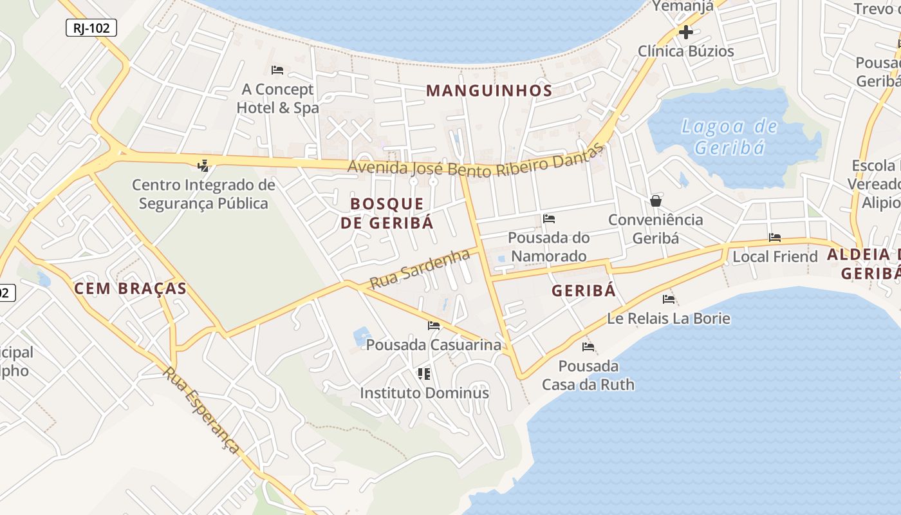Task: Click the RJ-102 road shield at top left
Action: click(91, 28)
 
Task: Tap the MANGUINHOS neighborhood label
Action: click(489, 91)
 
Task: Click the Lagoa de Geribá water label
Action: click(729, 136)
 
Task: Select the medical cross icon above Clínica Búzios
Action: click(686, 32)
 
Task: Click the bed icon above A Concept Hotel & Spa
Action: click(277, 70)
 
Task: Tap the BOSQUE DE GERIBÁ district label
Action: click(387, 213)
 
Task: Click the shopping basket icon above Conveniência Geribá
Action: click(656, 201)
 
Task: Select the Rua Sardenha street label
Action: click(420, 269)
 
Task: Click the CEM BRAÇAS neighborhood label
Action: click(130, 288)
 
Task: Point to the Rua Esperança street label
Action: click(201, 410)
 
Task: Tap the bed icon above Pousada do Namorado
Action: click(549, 219)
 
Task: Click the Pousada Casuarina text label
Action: click(433, 345)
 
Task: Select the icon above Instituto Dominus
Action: click(423, 373)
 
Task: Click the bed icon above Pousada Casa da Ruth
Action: click(588, 347)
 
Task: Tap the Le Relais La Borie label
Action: click(669, 319)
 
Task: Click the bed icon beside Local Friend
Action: click(775, 238)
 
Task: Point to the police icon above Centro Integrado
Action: click(203, 165)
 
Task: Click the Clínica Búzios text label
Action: click(685, 51)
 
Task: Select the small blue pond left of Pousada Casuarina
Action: click(362, 336)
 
